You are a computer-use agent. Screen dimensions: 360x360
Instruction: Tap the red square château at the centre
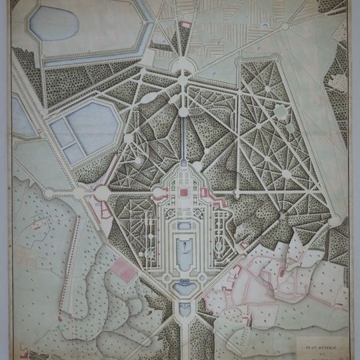coord(183,192)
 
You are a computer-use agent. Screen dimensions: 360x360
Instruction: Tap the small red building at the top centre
coord(185,25)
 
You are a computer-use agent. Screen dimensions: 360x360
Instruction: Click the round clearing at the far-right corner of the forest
coord(335,221)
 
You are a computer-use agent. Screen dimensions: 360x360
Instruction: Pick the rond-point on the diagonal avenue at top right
coord(285,27)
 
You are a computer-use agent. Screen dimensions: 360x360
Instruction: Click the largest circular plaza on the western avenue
coord(102,194)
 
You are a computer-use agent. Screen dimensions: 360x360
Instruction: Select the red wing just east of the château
coord(209,197)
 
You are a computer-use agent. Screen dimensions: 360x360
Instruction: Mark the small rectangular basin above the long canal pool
coord(183,225)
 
